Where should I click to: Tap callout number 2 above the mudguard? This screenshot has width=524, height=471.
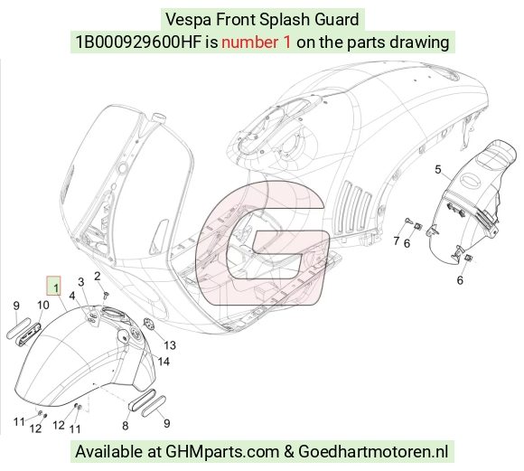98,277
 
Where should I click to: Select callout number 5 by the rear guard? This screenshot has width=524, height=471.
438,169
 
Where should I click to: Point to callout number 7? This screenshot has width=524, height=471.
397,240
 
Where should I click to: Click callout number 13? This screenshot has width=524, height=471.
170,345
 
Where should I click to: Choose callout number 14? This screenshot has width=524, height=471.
164,362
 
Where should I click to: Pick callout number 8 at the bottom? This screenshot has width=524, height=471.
126,426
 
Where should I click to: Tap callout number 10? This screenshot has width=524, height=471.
43,305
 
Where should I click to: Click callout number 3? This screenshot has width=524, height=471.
81,282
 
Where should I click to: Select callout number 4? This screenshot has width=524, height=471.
72,296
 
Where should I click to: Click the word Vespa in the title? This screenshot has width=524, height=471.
188,19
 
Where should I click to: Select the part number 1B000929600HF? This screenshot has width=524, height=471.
138,42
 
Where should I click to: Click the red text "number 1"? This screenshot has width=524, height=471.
256,42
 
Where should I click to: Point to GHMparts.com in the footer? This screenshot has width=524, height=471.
222,452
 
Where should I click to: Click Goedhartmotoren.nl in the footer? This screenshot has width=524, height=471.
373,452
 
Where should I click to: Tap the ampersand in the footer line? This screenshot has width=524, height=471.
289,452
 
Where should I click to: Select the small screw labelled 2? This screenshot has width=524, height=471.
107,295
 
